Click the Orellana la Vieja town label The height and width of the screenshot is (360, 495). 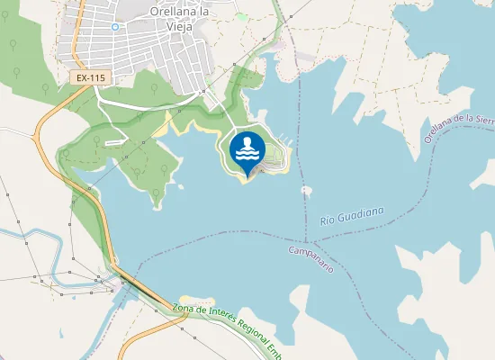pyautogui.click(x=179, y=19)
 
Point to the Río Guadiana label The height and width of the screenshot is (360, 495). pyautogui.click(x=352, y=216)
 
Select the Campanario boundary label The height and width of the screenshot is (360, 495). pyautogui.click(x=311, y=257)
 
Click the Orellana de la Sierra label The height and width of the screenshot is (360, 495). pyautogui.click(x=459, y=129)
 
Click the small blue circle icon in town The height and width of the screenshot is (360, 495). pyautogui.click(x=115, y=27)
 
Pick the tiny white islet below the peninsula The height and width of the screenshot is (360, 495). pyautogui.click(x=307, y=190)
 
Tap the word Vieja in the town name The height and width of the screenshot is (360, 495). pyautogui.click(x=180, y=26)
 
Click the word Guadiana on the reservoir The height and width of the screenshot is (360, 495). pyautogui.click(x=363, y=213)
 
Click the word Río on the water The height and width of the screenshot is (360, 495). pyautogui.click(x=328, y=220)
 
